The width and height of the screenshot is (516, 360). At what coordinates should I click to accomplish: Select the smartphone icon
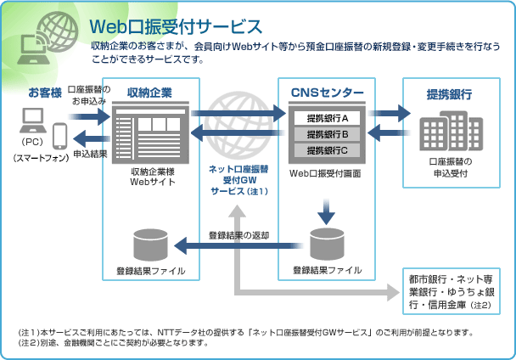pyautogui.click(x=60, y=135)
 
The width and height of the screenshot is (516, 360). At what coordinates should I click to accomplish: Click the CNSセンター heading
pyautogui.click(x=327, y=93)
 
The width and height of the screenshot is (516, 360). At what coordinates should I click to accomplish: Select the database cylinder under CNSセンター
pyautogui.click(x=327, y=245)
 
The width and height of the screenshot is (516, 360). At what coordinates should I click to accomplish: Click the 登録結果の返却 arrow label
pyautogui.click(x=238, y=234)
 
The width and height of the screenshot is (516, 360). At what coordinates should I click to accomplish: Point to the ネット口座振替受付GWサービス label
pyautogui.click(x=238, y=180)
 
